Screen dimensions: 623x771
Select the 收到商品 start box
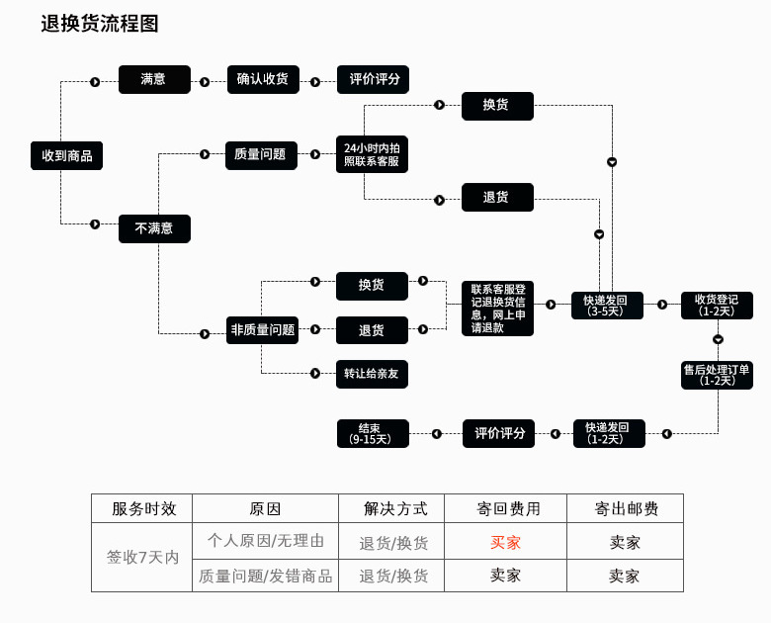click(x=66, y=156)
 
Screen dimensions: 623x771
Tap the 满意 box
click(x=154, y=80)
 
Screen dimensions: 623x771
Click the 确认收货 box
click(x=262, y=80)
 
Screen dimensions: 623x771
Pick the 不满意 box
click(x=154, y=228)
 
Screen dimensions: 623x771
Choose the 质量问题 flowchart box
click(x=261, y=155)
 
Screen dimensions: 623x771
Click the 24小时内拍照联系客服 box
click(x=372, y=154)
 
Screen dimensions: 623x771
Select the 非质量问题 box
click(x=262, y=330)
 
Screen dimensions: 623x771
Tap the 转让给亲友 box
click(x=372, y=374)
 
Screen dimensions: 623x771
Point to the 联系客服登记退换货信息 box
click(x=498, y=309)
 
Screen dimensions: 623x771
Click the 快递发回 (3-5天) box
click(x=607, y=306)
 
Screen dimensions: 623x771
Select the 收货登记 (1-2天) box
click(x=717, y=306)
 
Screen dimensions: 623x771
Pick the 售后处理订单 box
click(x=717, y=375)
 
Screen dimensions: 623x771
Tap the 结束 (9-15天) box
click(x=371, y=433)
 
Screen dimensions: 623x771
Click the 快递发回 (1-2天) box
click(x=609, y=433)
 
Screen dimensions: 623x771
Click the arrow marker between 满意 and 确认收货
click(x=205, y=82)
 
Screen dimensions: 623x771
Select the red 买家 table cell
click(x=505, y=542)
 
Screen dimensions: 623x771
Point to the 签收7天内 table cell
click(x=142, y=557)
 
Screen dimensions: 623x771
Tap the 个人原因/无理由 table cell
click(x=265, y=541)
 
